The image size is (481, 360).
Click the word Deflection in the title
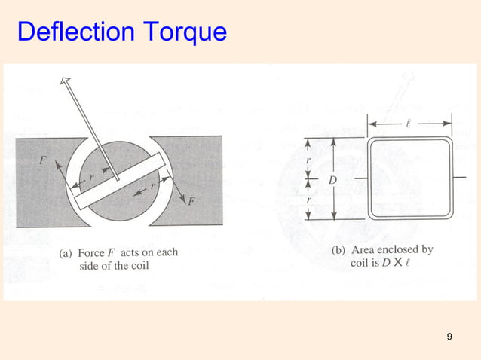click(67, 32)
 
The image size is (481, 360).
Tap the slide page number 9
click(449, 336)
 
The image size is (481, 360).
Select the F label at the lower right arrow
click(191, 202)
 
